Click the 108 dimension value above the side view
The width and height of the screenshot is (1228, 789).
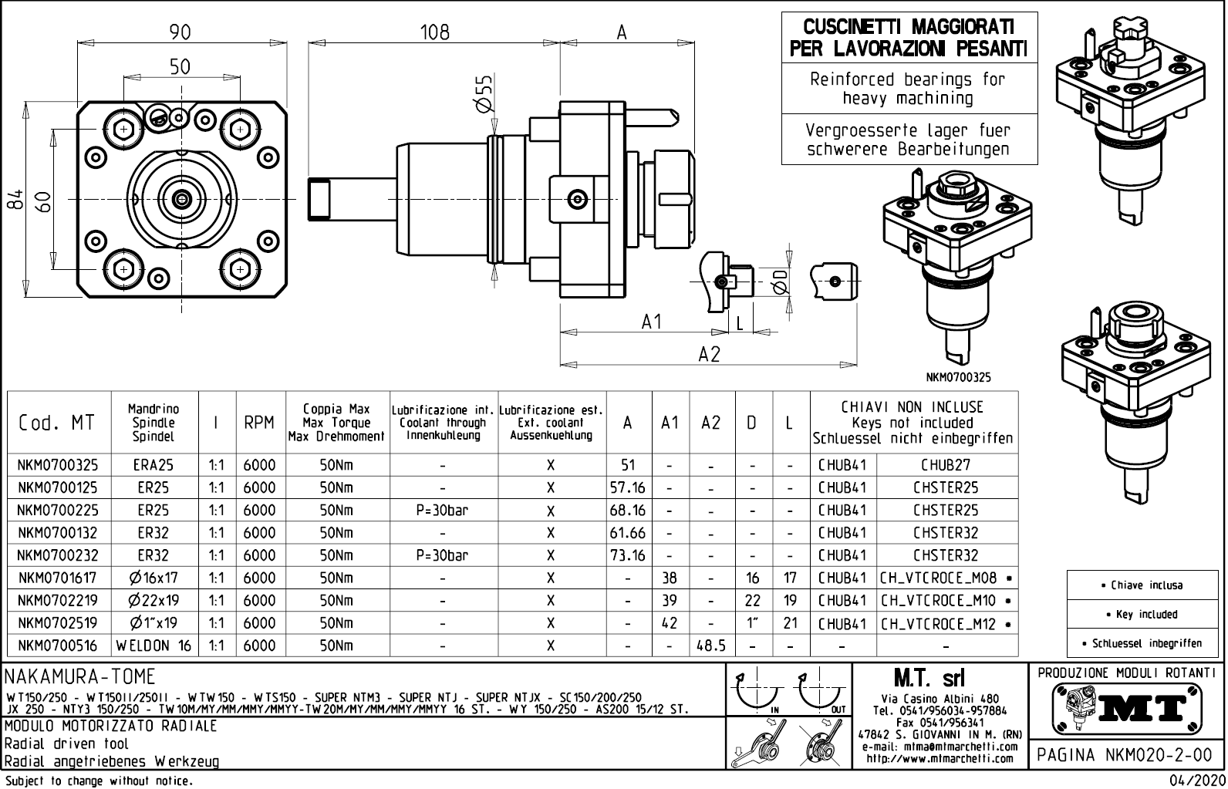[434, 32]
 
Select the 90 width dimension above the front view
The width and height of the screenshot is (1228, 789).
[180, 32]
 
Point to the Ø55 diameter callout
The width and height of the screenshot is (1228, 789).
[483, 95]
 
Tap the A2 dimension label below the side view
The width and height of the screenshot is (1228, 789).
[709, 354]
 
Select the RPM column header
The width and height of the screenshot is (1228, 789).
[259, 423]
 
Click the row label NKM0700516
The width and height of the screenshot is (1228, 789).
[59, 646]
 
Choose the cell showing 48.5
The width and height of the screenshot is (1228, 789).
[710, 646]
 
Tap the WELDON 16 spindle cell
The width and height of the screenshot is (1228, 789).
[153, 646]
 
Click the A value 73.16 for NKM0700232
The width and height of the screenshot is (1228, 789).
[627, 555]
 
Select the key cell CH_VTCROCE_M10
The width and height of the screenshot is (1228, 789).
[938, 601]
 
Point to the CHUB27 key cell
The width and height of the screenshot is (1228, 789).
[946, 465]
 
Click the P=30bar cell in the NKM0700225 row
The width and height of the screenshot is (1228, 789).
[442, 511]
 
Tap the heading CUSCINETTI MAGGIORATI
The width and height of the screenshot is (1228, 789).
[909, 27]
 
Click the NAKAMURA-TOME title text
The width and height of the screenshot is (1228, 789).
[80, 677]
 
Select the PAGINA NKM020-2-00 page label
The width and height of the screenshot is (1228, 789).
[1125, 755]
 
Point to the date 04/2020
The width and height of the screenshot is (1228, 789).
[1196, 781]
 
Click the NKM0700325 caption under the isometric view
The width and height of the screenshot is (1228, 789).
[959, 378]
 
